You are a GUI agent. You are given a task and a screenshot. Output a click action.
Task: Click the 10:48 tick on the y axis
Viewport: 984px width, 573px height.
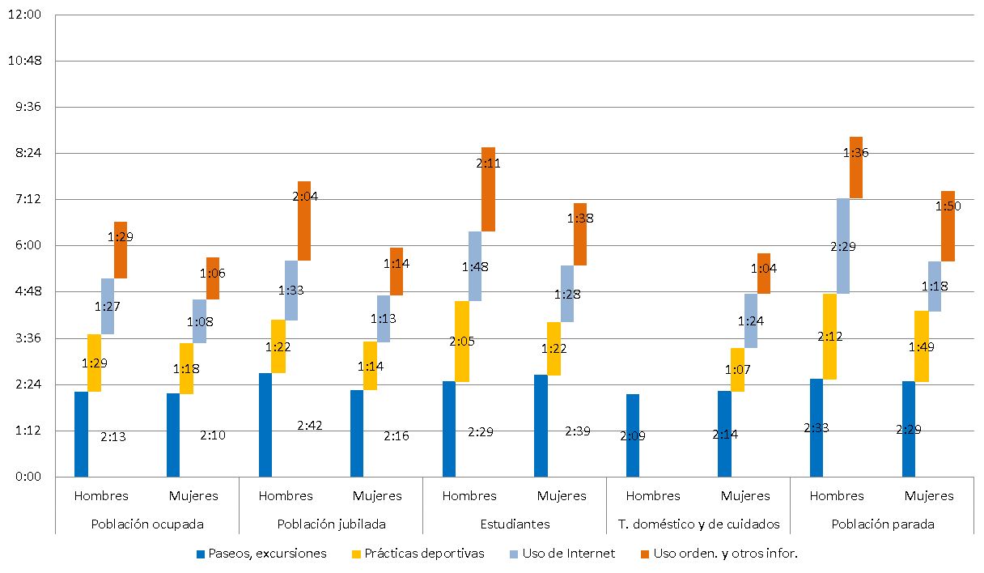[x=28, y=61]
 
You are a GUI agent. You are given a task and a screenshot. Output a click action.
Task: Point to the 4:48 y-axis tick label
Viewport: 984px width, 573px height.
[x=28, y=291]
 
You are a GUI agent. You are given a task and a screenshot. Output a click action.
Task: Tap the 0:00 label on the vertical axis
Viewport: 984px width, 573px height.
[x=28, y=477]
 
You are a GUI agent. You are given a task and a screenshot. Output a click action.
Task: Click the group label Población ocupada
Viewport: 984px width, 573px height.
[x=146, y=524]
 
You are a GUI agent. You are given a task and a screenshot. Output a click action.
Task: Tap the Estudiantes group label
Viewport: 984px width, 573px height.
[x=515, y=524]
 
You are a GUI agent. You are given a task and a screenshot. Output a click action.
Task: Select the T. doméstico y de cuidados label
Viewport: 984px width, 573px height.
[x=698, y=524]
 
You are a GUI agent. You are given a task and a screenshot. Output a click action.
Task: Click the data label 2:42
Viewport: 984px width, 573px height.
[x=311, y=426]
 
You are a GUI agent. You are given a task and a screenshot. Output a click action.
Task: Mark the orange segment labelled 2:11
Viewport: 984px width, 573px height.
[x=488, y=189]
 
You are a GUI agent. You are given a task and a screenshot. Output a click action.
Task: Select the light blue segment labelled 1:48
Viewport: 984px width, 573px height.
[x=475, y=266]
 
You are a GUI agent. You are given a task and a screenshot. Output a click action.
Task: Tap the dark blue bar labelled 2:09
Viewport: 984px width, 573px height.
[x=633, y=435]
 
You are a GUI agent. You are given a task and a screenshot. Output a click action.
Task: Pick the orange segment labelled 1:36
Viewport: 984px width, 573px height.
[x=856, y=168]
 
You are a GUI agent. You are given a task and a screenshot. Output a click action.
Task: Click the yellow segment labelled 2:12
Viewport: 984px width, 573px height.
[x=829, y=337]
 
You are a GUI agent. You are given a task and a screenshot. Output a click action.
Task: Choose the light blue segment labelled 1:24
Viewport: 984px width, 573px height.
[x=751, y=320]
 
